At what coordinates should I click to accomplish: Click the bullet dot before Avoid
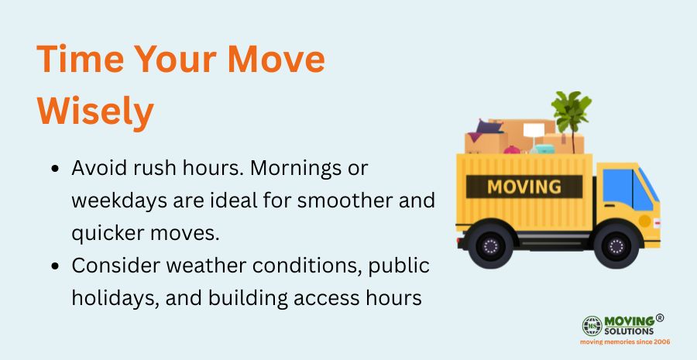pos(56,169)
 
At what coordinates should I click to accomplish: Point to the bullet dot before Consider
pos(56,266)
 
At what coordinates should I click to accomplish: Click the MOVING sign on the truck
pos(524,187)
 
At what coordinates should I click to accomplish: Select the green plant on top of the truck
pos(571,112)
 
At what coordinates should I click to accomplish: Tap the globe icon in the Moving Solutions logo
pos(592,326)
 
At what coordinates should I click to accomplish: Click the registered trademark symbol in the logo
pos(660,317)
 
